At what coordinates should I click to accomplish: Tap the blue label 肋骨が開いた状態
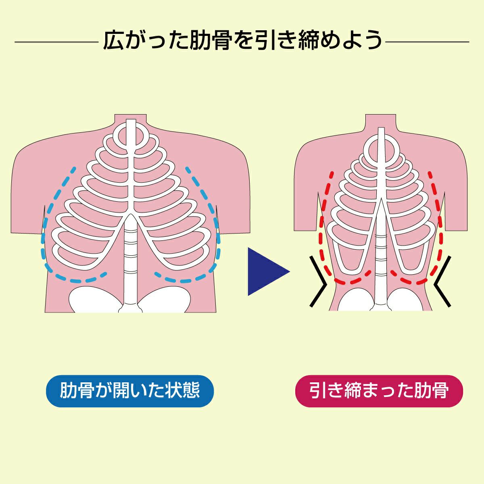point(130,391)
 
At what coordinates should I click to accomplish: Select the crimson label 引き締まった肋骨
point(379,391)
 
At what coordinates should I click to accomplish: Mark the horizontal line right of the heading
point(428,41)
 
